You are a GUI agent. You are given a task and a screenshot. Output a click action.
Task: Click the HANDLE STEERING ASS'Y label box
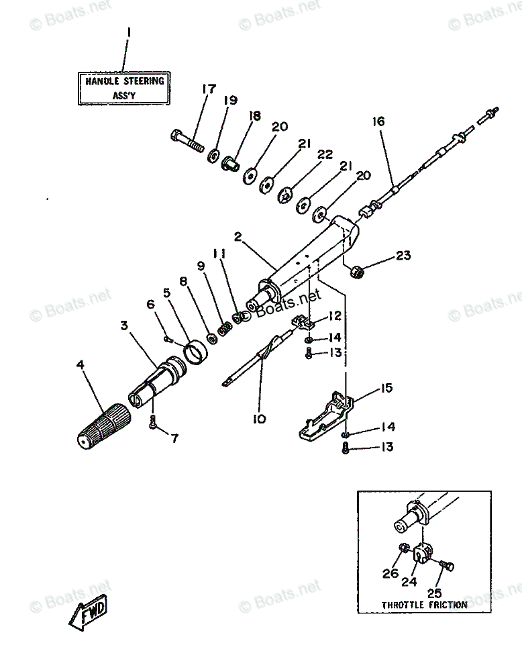pos(124,88)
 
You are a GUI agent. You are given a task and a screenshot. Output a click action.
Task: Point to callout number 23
pos(402,255)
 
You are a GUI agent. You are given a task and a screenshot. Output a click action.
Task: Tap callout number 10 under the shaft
pos(259,419)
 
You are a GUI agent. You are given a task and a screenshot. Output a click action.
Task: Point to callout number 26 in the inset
pos(390,574)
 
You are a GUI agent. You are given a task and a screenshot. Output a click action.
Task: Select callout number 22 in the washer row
pos(325,154)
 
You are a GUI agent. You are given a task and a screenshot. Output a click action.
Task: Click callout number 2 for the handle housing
pos(237,236)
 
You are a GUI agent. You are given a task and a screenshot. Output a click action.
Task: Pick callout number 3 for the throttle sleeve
pos(124,325)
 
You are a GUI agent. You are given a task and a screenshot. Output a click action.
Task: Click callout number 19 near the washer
pos(230,101)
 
